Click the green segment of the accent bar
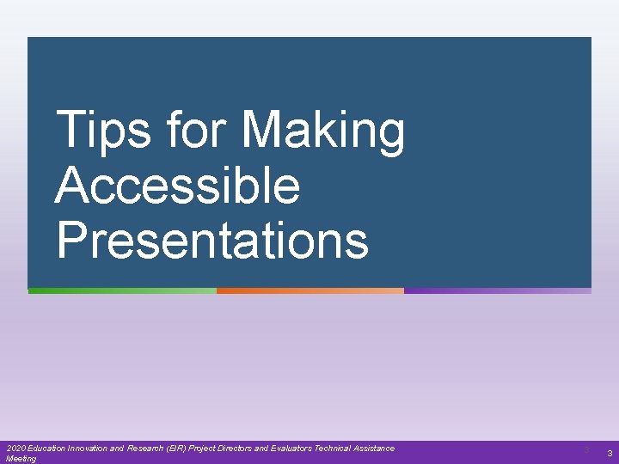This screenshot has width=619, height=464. click(x=122, y=291)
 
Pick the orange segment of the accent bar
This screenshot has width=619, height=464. click(x=309, y=291)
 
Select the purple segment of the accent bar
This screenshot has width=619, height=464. click(x=497, y=291)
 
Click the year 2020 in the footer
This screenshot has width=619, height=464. click(x=15, y=449)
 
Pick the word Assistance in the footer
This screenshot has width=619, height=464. click(x=376, y=449)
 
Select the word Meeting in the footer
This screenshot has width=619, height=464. click(x=21, y=459)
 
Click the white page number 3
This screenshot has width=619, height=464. click(x=610, y=453)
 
